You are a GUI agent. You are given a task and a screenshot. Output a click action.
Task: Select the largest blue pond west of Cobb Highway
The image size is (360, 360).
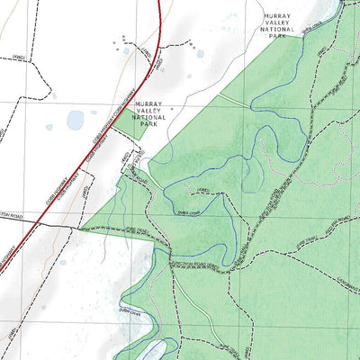pos(75,120)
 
